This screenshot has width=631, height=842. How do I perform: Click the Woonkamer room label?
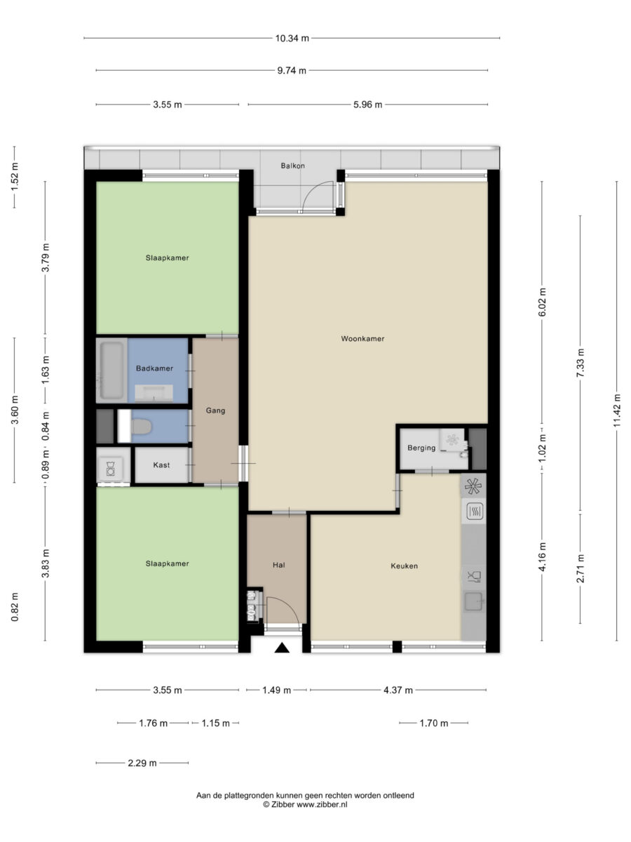point(362,338)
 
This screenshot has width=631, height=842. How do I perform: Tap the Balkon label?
point(292,166)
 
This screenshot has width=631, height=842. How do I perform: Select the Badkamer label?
point(154,368)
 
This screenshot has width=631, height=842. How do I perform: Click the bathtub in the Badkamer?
point(111,370)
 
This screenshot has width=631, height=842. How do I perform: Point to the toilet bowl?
point(142,427)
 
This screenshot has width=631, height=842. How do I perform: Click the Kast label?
point(161,465)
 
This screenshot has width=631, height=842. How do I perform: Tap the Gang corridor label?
point(215,410)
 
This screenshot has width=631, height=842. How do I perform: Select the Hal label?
point(279,565)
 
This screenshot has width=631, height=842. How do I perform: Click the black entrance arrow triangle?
point(283,648)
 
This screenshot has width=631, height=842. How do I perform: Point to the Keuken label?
point(405,566)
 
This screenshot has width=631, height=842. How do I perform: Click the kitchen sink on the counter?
point(474,601)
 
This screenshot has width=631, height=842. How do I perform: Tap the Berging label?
point(421,448)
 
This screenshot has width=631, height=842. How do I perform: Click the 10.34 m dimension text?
point(292,38)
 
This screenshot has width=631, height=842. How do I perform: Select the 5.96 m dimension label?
point(368,105)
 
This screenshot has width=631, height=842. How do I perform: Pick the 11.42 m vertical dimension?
point(616,410)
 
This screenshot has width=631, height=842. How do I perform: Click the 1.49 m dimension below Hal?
point(277,690)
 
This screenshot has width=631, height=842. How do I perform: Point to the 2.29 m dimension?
point(142,763)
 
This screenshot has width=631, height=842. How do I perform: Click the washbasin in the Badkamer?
point(154,393)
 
